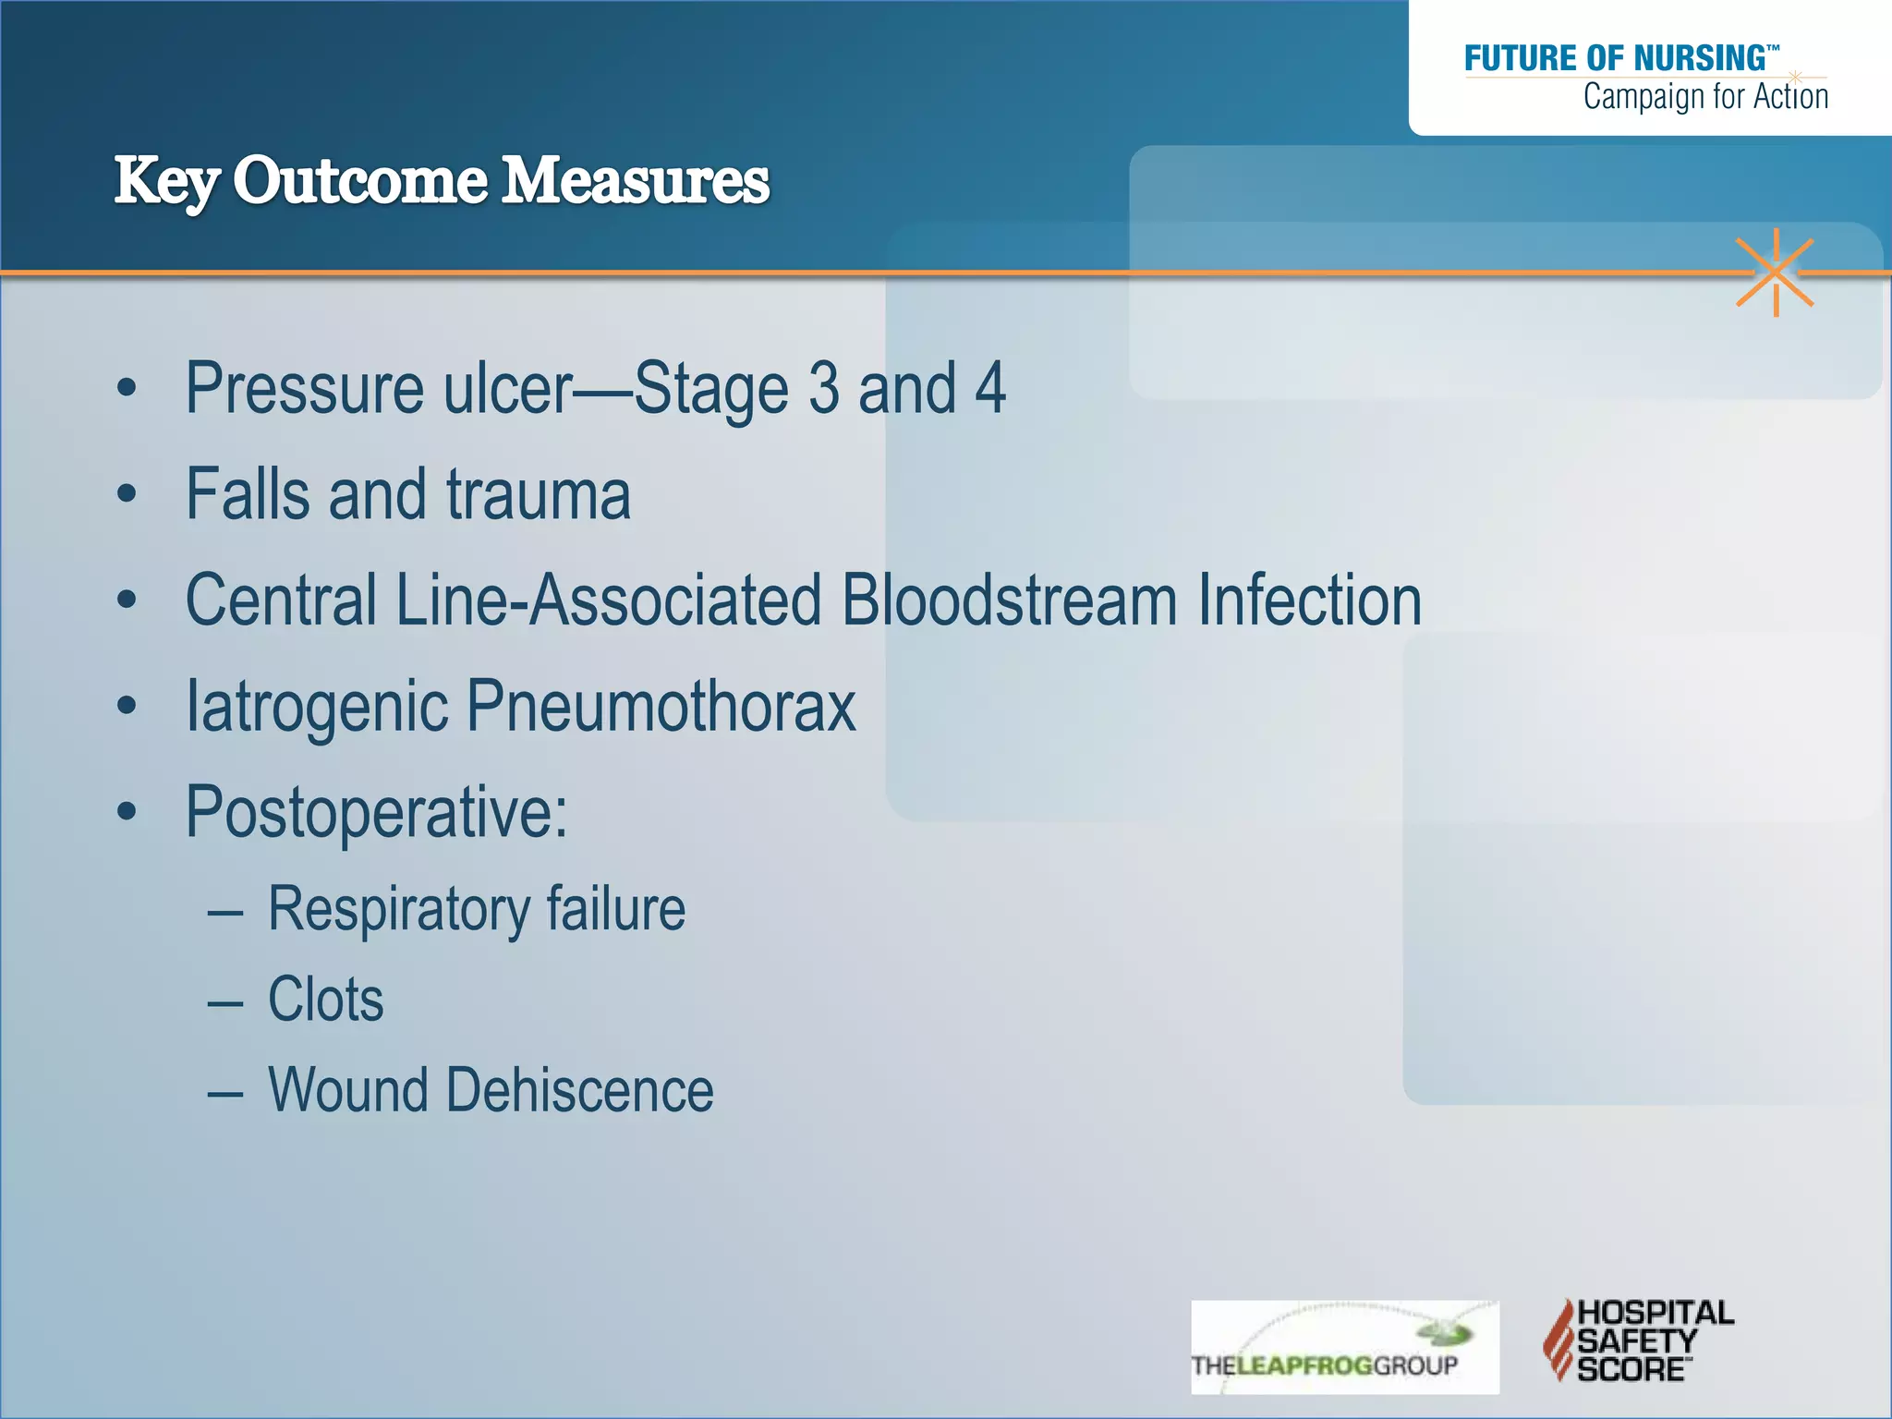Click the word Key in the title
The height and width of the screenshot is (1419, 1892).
(166, 181)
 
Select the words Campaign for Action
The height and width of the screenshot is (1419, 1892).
(1704, 96)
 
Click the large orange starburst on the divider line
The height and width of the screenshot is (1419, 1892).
(1775, 273)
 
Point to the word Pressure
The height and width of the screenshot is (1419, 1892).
(305, 389)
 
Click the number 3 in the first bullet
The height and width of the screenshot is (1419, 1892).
(823, 389)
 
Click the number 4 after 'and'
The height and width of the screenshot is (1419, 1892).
(990, 389)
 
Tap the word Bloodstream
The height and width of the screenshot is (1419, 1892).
(1009, 600)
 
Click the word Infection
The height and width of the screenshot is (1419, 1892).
(1309, 600)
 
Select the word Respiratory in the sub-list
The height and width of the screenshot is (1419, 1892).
(398, 910)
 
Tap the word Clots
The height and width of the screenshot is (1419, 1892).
(325, 1000)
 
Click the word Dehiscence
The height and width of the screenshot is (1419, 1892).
(579, 1090)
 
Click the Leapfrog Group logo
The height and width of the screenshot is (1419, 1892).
(1344, 1347)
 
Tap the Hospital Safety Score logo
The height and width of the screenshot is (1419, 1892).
(1637, 1340)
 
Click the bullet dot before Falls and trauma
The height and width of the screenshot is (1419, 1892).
(127, 495)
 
